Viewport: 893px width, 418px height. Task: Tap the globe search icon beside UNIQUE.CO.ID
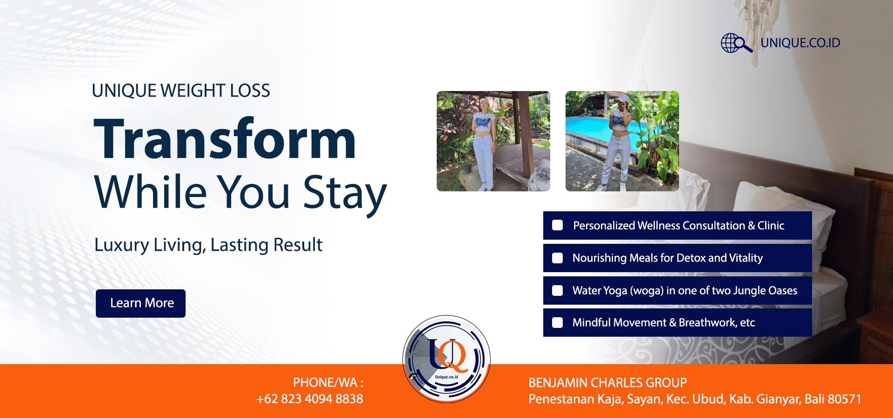coord(736,43)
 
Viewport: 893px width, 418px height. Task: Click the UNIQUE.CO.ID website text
coord(800,43)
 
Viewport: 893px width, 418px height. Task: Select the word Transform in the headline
coord(225,138)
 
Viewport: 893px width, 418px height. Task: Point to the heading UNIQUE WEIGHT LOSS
coord(181,91)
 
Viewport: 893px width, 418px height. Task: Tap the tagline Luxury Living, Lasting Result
coord(208,245)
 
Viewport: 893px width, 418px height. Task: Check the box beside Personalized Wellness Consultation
coord(557,225)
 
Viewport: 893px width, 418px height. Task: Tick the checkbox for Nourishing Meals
coord(557,258)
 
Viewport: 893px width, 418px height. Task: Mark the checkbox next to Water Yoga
coord(557,290)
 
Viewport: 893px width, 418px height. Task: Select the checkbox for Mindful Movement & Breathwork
coord(557,322)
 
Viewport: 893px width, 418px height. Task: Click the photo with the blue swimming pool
coord(622,141)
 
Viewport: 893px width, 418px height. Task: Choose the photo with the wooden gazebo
coord(493,141)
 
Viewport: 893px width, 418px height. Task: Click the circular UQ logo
coord(446,359)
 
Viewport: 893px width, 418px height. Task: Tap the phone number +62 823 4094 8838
coord(310,399)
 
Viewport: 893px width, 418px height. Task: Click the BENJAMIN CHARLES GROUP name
coord(607,383)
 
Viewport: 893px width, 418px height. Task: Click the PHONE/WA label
coord(328,383)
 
